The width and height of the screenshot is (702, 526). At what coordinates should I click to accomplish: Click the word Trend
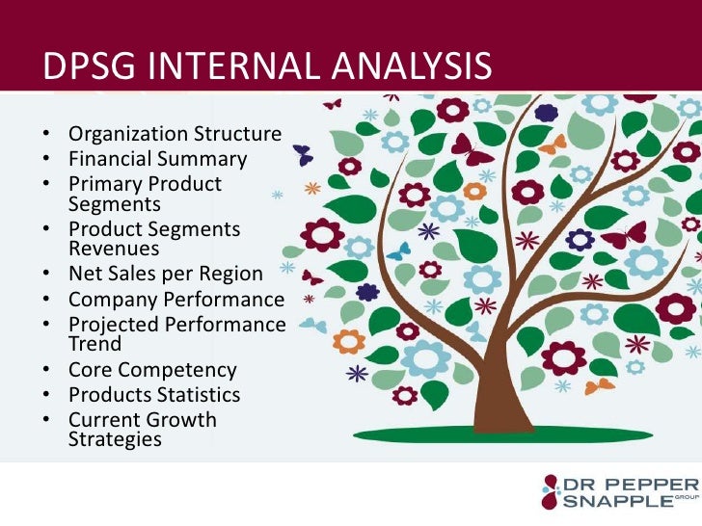(x=94, y=344)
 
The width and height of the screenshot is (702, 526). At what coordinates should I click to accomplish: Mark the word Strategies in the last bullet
(x=115, y=439)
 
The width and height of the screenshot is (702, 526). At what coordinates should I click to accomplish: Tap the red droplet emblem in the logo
(x=550, y=490)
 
